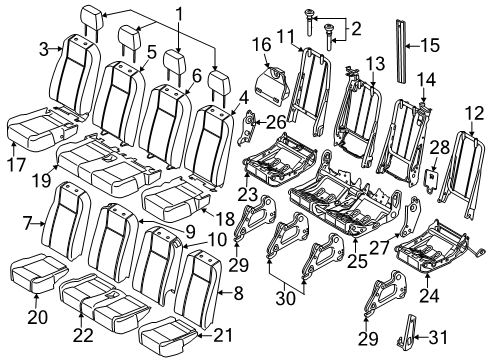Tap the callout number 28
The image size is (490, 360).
click(436, 147)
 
